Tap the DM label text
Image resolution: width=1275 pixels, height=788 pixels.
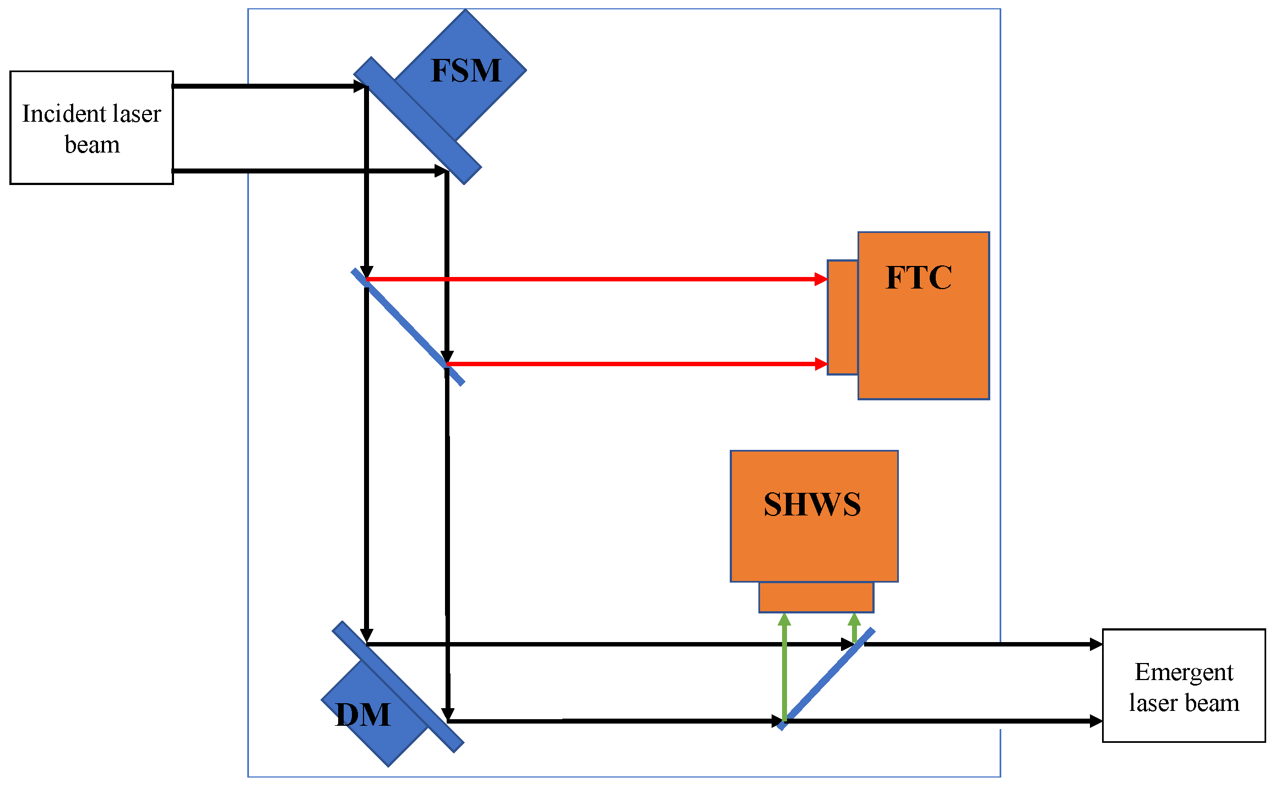[x=363, y=715]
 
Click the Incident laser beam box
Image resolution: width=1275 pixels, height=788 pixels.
[x=91, y=128]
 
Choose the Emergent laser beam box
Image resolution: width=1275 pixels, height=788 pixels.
[x=1184, y=686]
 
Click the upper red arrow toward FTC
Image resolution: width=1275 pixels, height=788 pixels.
[x=595, y=279]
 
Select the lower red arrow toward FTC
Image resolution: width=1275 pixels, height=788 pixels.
[x=633, y=364]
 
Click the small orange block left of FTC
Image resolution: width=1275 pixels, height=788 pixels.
[x=843, y=318]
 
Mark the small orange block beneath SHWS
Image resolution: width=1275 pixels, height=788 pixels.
[x=816, y=597]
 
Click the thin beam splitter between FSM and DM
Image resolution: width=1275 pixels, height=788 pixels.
[x=408, y=327]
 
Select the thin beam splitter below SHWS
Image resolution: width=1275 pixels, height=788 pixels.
[x=826, y=678]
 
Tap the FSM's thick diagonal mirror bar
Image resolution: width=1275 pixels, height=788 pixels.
[x=417, y=120]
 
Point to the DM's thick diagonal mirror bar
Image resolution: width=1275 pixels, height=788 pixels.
[x=398, y=687]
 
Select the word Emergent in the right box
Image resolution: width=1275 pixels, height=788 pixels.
[x=1184, y=672]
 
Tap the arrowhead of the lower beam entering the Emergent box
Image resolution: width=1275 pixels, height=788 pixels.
[x=1095, y=721]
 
